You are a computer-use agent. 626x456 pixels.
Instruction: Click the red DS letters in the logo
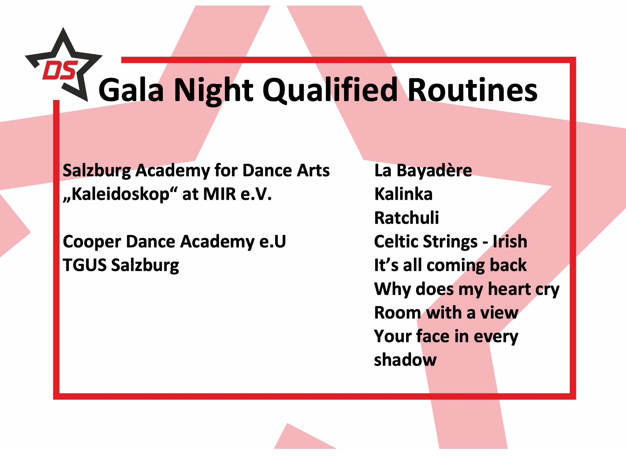pyautogui.click(x=60, y=70)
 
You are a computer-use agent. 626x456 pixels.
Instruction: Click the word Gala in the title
pyautogui.click(x=131, y=90)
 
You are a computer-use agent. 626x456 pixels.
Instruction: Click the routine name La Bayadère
pyautogui.click(x=423, y=171)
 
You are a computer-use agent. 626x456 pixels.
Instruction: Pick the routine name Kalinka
pyautogui.click(x=403, y=194)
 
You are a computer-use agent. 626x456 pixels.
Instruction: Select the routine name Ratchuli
pyautogui.click(x=406, y=217)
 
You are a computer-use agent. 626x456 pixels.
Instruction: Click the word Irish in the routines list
pyautogui.click(x=510, y=241)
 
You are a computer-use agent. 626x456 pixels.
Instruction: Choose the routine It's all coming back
pyautogui.click(x=450, y=265)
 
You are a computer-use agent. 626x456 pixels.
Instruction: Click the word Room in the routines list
pyautogui.click(x=397, y=313)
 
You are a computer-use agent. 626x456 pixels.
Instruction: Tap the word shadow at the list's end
pyautogui.click(x=405, y=360)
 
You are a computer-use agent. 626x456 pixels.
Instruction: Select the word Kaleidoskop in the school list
pyautogui.click(x=120, y=194)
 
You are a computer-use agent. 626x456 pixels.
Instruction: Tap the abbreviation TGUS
pyautogui.click(x=85, y=265)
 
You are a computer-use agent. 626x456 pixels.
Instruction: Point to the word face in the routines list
pyautogui.click(x=433, y=336)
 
